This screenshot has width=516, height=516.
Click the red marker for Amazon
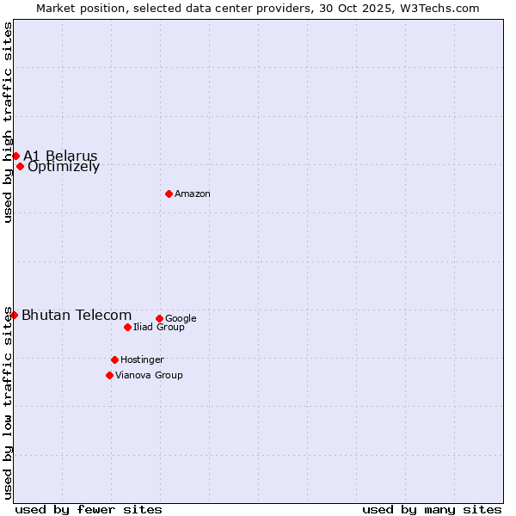[169, 193]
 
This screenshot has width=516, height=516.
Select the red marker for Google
[159, 318]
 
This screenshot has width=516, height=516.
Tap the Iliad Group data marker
[127, 327]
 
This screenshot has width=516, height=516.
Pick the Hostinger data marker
[114, 359]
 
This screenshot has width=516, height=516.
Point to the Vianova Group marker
[109, 375]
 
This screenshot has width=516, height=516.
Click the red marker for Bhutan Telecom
[14, 316]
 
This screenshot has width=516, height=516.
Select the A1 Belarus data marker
[15, 156]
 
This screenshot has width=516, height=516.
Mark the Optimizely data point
[20, 166]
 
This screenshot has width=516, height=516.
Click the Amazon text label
[193, 194]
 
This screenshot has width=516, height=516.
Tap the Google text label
[181, 319]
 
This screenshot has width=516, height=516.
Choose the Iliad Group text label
[159, 328]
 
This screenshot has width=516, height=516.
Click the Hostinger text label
[142, 360]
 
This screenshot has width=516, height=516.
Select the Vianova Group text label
[149, 376]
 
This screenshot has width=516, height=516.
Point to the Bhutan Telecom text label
[77, 316]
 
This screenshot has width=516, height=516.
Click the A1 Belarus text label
[60, 156]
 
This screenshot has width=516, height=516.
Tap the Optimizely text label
[64, 167]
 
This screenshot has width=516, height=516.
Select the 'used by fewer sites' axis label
[89, 510]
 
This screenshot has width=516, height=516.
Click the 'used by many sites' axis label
[432, 510]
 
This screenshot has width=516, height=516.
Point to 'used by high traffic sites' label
[8, 122]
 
